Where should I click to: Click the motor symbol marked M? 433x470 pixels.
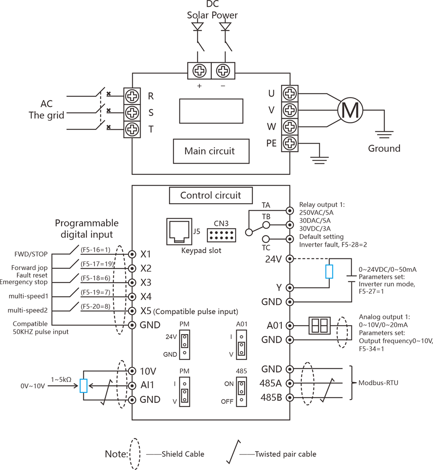[350, 111]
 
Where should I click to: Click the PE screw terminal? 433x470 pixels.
[290, 143]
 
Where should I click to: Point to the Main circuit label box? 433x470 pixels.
[210, 151]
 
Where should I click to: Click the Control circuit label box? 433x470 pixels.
[210, 195]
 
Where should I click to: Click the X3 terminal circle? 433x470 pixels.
[132, 282]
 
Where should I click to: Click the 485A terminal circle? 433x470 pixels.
[290, 383]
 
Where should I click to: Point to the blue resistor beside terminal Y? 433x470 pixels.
[330, 271]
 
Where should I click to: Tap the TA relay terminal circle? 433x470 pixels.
[290, 210]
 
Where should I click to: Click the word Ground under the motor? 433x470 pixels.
[384, 148]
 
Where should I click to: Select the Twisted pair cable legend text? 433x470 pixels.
[285, 454]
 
